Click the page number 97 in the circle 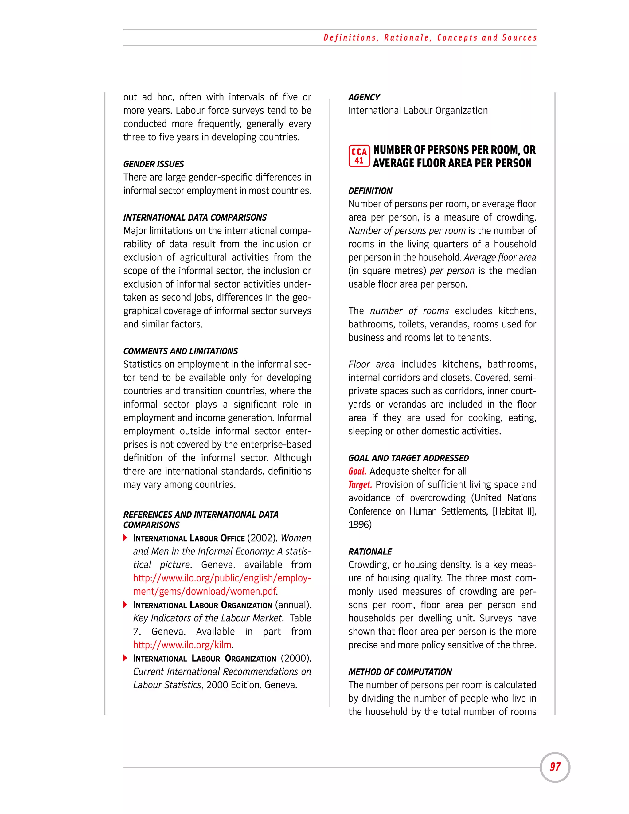(555, 767)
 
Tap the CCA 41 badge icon (359, 156)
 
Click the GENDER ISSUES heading (154, 164)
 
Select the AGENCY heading (364, 97)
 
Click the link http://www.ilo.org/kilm (183, 645)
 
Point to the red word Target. (360, 485)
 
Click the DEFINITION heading (370, 191)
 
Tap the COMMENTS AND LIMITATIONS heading (180, 351)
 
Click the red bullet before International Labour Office (126, 538)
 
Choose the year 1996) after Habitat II (360, 525)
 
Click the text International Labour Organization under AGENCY (418, 111)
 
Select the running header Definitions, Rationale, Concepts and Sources (430, 38)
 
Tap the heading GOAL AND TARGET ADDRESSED (408, 458)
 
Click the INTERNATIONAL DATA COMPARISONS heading (195, 218)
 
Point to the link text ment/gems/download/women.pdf (205, 592)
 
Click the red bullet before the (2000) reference (126, 658)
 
